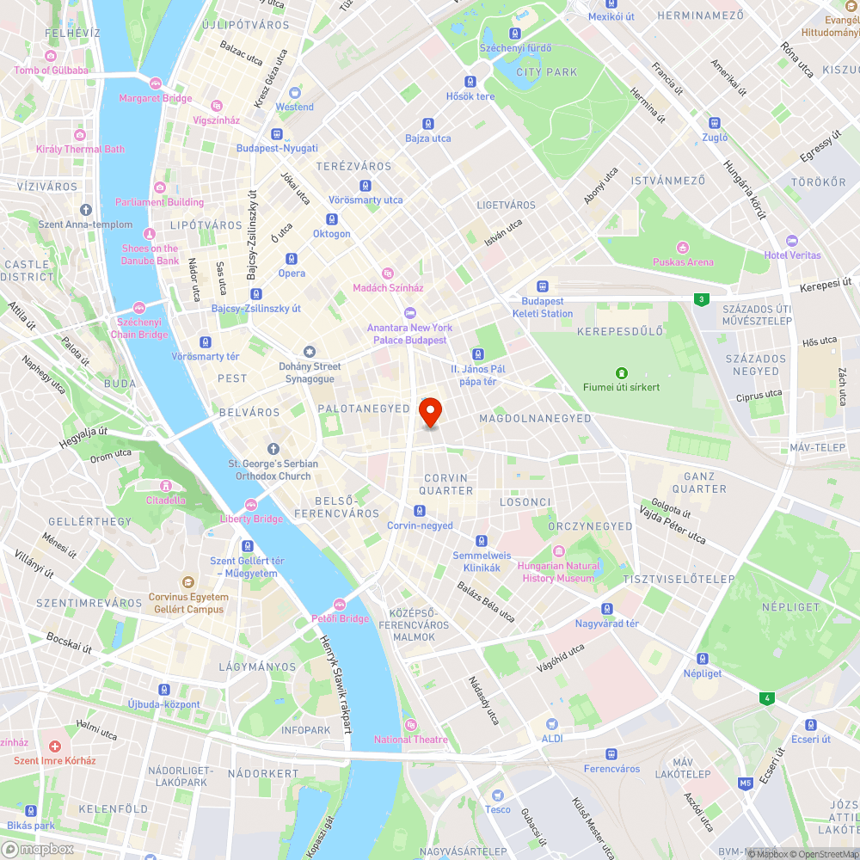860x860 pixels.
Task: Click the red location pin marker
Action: (x=430, y=412)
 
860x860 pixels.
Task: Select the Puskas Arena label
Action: (x=683, y=261)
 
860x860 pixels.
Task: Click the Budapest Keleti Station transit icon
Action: (x=543, y=287)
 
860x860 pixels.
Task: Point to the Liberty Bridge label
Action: (x=251, y=519)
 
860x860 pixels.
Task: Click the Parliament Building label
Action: (x=160, y=202)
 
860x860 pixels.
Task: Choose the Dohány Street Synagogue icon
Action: (x=310, y=352)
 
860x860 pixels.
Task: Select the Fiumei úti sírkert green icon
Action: (x=621, y=372)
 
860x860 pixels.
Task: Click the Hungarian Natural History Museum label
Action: (x=558, y=572)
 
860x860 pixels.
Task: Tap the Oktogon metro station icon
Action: (x=332, y=219)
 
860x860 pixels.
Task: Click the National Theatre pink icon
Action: (x=409, y=725)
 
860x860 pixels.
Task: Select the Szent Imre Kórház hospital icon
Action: (x=55, y=746)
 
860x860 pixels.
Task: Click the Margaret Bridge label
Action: (x=156, y=98)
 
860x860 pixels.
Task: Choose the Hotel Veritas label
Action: (x=792, y=255)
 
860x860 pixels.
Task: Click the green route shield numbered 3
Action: (x=703, y=299)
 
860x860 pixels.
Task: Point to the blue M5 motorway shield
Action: (x=745, y=783)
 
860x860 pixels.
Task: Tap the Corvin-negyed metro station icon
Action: (x=419, y=511)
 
